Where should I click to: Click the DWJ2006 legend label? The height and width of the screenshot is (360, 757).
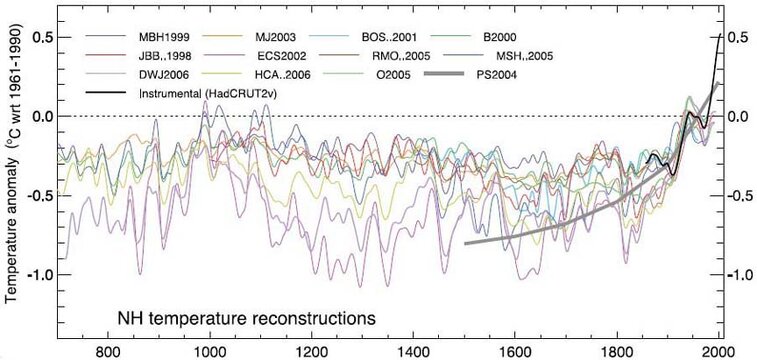(166, 75)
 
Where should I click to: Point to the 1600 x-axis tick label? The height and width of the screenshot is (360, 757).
(516, 351)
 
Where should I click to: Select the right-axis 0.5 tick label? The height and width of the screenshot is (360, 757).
(741, 37)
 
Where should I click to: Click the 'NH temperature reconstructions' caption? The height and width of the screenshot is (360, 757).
(240, 319)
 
